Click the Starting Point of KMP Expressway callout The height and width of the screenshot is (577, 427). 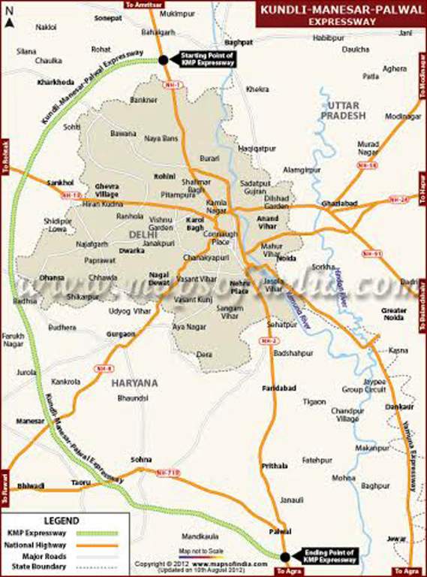tap(206, 59)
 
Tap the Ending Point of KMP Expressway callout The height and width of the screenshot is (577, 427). tap(328, 555)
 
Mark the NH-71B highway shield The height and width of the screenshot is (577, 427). tap(167, 472)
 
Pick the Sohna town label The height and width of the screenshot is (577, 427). tap(140, 459)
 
